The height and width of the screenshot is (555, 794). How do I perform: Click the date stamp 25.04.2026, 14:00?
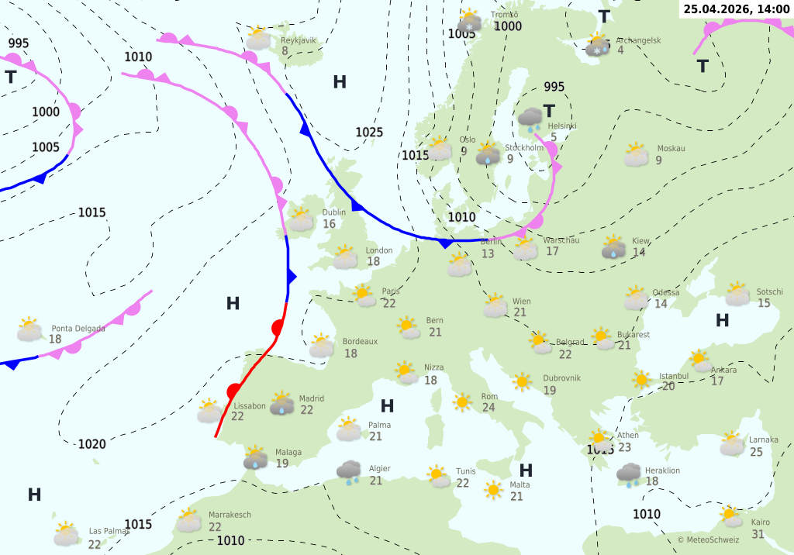(x=737, y=9)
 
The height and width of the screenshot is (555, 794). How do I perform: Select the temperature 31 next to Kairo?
(x=758, y=534)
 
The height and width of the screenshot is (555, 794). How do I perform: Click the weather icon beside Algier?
(x=349, y=471)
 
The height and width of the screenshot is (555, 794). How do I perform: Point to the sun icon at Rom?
(x=463, y=402)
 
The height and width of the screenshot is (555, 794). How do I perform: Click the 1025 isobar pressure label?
(x=369, y=133)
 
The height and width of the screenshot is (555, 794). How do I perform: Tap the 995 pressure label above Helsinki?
(x=554, y=87)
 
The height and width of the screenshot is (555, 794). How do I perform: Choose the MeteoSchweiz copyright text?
(x=708, y=539)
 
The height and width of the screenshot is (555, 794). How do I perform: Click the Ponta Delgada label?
(x=78, y=329)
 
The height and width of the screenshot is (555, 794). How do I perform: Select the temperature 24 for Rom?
(x=488, y=408)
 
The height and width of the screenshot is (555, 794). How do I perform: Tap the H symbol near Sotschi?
(x=722, y=320)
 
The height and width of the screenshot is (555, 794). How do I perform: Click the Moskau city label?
(x=671, y=149)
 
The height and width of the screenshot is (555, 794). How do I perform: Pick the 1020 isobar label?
(x=91, y=444)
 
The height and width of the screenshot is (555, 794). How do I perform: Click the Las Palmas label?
(x=109, y=531)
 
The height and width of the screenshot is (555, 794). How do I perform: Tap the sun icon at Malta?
(x=493, y=489)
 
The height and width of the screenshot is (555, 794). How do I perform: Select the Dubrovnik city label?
(x=561, y=378)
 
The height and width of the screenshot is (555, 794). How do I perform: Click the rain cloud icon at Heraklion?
(x=628, y=473)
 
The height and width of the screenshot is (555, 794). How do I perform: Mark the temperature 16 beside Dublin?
(x=330, y=224)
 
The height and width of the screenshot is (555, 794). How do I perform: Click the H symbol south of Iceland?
(x=340, y=82)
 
